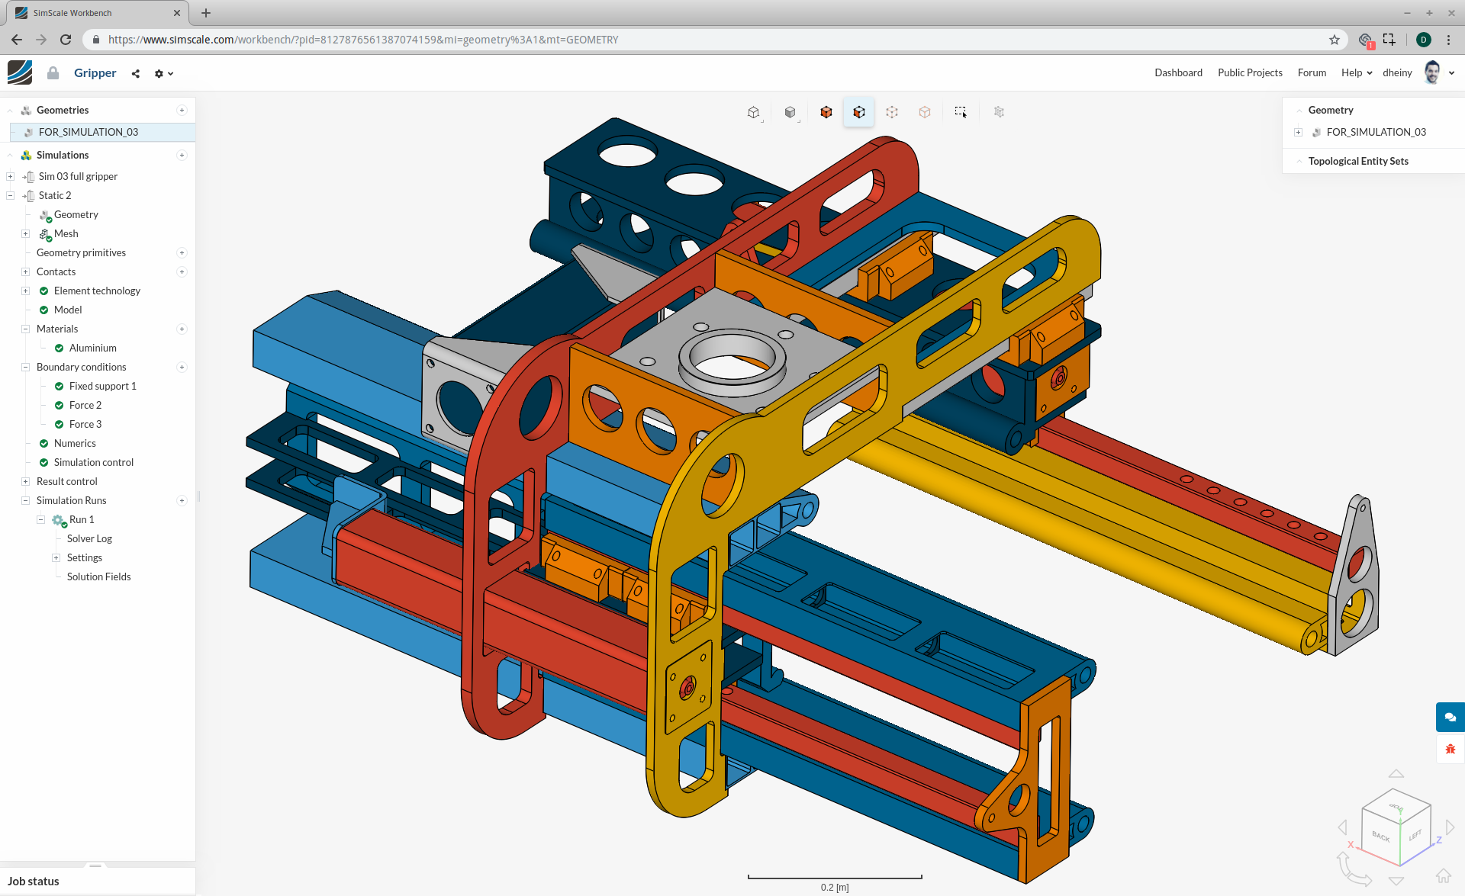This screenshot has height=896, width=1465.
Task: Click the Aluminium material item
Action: (92, 348)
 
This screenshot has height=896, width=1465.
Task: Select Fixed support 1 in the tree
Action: (102, 386)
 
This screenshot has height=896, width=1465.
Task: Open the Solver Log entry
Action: (89, 538)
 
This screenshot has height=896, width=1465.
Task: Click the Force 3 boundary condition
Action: (85, 424)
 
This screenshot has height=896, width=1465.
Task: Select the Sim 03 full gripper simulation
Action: (78, 176)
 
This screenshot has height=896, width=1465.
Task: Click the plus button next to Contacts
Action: (182, 271)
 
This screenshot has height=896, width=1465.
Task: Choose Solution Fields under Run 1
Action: (98, 576)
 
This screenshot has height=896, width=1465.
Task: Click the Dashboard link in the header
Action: (1178, 72)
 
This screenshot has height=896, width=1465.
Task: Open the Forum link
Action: (1312, 72)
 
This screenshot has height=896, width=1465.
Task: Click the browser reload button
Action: (66, 40)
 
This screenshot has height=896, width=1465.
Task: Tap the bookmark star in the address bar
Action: (1335, 40)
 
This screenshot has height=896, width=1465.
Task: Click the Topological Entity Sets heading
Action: (1358, 161)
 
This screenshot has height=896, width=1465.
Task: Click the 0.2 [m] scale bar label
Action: (835, 887)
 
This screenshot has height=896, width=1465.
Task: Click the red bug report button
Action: (1450, 749)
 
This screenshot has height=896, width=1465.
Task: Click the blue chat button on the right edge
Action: (1450, 717)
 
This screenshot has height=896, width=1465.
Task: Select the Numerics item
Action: (75, 443)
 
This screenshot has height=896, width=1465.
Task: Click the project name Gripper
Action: (95, 72)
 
